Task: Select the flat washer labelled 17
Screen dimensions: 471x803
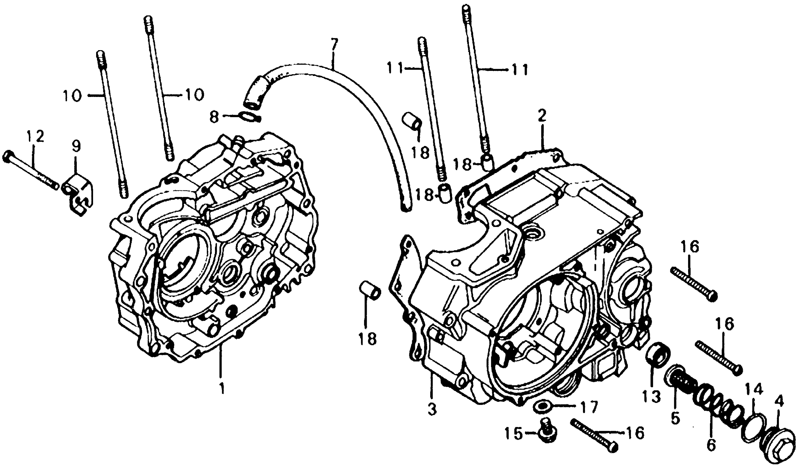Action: (x=542, y=407)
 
